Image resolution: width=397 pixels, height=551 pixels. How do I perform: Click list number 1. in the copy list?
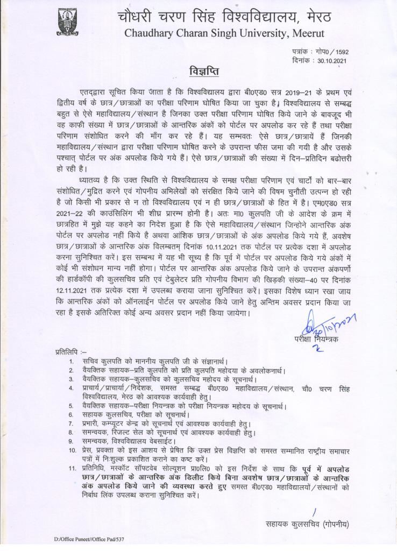tap(72, 361)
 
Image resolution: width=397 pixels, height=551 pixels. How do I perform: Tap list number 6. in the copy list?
tap(72, 415)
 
